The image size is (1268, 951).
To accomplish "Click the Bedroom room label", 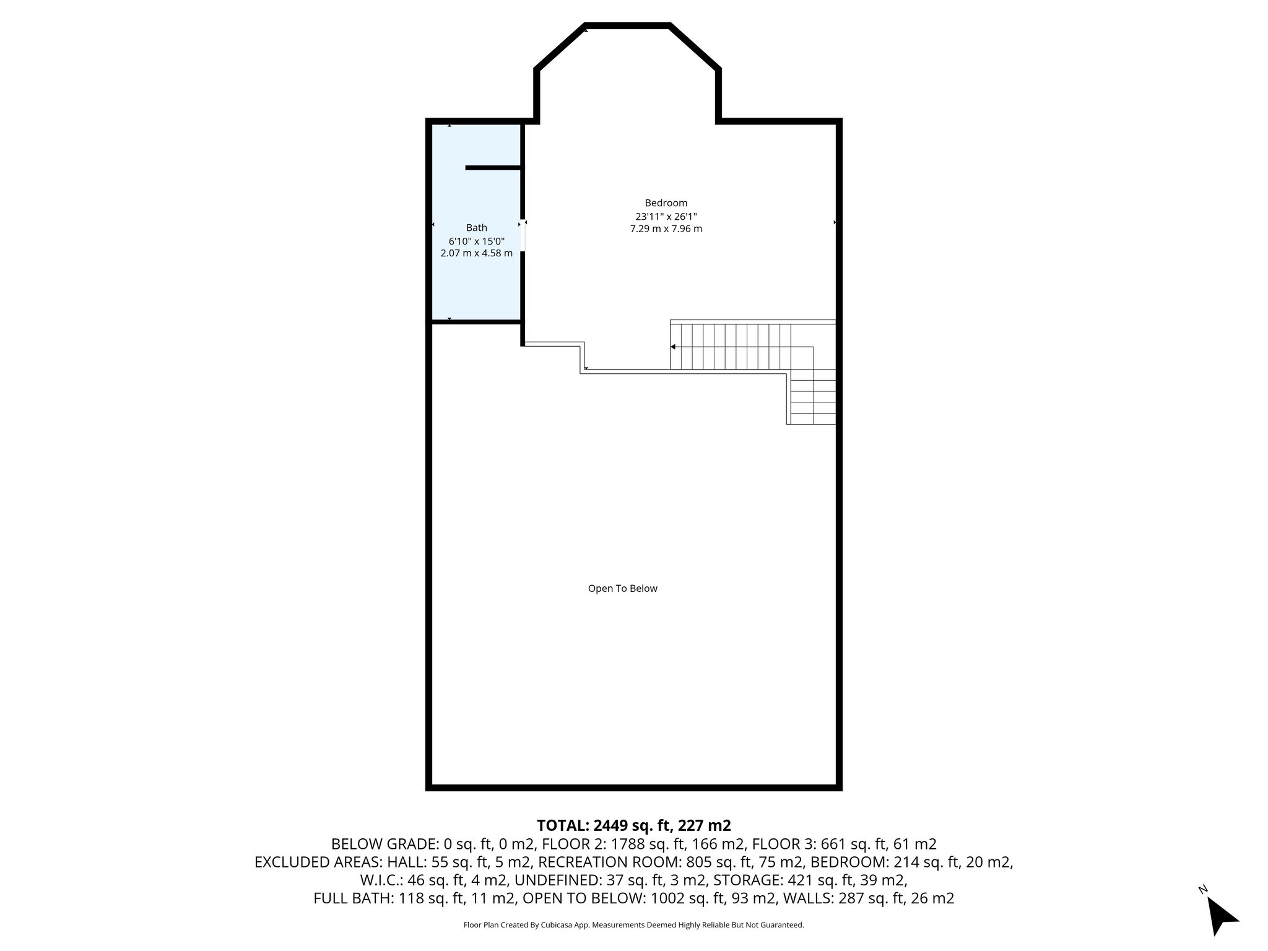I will pos(666,203).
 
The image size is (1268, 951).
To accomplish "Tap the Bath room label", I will pos(476,228).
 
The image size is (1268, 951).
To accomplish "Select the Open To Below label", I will pos(622,589).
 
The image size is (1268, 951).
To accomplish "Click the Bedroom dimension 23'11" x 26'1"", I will pos(666,217).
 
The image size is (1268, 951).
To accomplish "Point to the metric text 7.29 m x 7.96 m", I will pos(666,229).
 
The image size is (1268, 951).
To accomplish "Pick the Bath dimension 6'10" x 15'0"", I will pos(476,241).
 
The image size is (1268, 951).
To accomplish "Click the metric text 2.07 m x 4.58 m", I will pos(476,253).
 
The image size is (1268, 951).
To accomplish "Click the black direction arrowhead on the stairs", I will pos(673,347).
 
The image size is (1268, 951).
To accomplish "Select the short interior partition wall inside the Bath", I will pos(493,168).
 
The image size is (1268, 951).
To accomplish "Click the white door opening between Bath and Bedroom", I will pos(523,237).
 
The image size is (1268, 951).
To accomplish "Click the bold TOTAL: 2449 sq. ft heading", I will pos(633,825).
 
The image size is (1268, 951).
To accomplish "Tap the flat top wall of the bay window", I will pos(627,26).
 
